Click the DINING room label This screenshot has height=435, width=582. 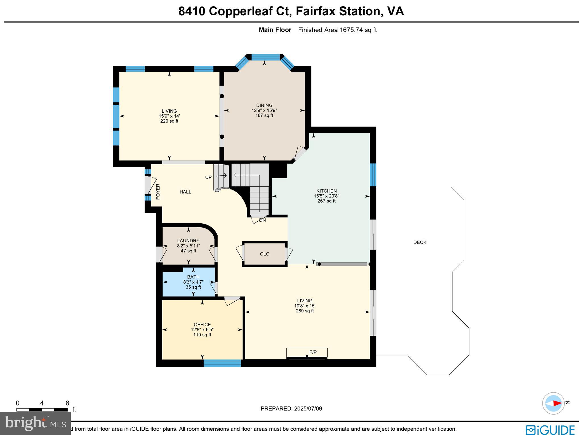pos(264,105)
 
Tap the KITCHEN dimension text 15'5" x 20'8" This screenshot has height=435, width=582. pos(327,196)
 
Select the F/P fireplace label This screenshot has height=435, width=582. pos(313,352)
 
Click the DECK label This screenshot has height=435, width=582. pos(420,242)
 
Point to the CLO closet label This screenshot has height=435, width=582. pos(265,254)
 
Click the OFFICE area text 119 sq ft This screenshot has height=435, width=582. pos(202,335)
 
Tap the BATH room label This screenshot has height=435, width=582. pos(193,277)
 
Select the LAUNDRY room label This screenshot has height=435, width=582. pos(188,241)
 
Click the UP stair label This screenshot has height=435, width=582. pos(208,177)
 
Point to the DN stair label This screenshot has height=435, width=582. pos(262,220)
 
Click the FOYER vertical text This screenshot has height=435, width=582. pos(158,192)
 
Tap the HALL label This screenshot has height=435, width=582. pos(185,192)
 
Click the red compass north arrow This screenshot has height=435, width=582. pos(557,403)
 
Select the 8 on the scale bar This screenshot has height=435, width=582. pos(67,403)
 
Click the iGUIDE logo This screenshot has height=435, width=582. pos(550,430)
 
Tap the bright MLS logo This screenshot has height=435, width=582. pos(36,423)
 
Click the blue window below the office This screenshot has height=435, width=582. pos(222,363)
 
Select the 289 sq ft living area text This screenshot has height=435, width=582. pos(305,311)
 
